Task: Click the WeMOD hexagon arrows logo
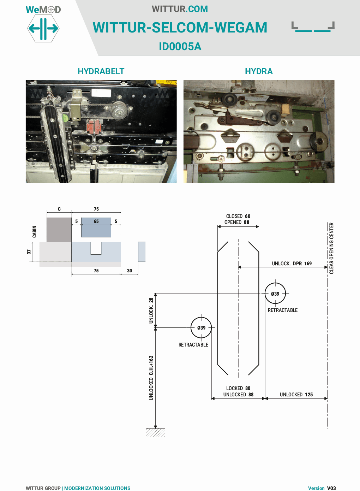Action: pos(43,29)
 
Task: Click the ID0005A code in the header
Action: pos(180,47)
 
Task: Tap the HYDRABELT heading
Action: pos(101,71)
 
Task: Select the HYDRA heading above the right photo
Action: pos(259,71)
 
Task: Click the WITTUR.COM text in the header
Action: pos(180,9)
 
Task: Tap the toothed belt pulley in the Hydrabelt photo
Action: pos(119,111)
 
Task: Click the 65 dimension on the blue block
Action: pos(96,221)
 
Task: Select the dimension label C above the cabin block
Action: pos(59,209)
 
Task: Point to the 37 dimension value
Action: pos(29,252)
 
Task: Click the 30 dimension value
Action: pos(130,271)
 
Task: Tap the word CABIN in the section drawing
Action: pos(34,232)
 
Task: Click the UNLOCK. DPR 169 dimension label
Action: pos(292,264)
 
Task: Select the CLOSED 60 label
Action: pos(238,216)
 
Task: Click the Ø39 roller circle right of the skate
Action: pos(275,293)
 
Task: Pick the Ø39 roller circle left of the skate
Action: pos(201,327)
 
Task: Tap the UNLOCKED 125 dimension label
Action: pos(296,395)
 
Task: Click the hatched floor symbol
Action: pos(156,432)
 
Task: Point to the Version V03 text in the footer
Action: pos(322,488)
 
